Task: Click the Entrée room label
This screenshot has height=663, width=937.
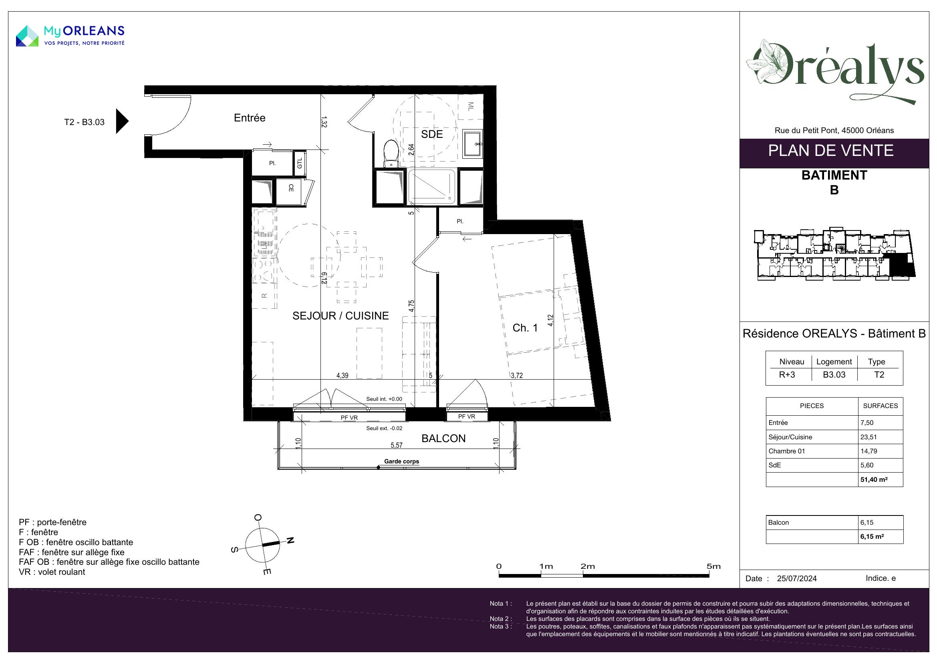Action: pyautogui.click(x=249, y=118)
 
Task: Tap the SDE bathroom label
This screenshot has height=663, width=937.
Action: pyautogui.click(x=432, y=134)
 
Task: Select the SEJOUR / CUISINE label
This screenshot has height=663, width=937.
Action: pyautogui.click(x=341, y=315)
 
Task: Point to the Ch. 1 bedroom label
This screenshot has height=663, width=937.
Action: pyautogui.click(x=525, y=328)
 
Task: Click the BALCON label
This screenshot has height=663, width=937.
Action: pyautogui.click(x=443, y=439)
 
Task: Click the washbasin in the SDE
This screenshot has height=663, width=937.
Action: pyautogui.click(x=473, y=143)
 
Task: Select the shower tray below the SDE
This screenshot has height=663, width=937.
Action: pyautogui.click(x=431, y=187)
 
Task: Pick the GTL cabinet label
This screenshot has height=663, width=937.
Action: pyautogui.click(x=300, y=163)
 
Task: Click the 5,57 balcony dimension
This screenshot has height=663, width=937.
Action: pyautogui.click(x=396, y=445)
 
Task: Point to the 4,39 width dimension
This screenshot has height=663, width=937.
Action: pyautogui.click(x=342, y=376)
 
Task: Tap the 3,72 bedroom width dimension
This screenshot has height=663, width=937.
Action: pyautogui.click(x=517, y=376)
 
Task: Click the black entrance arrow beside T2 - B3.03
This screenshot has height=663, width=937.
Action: pyautogui.click(x=122, y=121)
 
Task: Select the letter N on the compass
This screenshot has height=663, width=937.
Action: pyautogui.click(x=290, y=540)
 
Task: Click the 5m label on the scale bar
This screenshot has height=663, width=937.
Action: pyautogui.click(x=713, y=566)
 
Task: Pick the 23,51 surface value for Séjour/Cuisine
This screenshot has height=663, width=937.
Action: pyautogui.click(x=868, y=437)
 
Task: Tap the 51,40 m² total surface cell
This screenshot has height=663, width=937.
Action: pyautogui.click(x=874, y=479)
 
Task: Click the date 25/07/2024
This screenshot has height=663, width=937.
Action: pyautogui.click(x=797, y=578)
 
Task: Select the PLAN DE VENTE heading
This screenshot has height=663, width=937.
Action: pyautogui.click(x=831, y=151)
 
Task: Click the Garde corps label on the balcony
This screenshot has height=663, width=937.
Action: pyautogui.click(x=401, y=461)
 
